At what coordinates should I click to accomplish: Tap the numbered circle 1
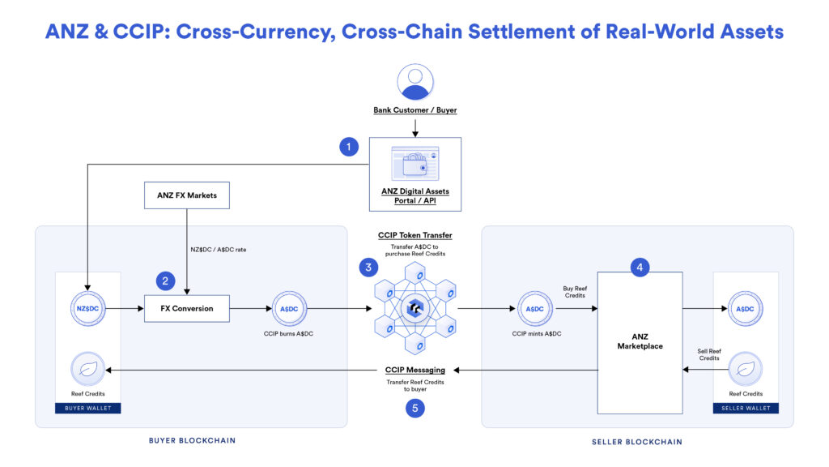tap(349, 147)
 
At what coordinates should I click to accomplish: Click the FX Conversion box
tap(187, 309)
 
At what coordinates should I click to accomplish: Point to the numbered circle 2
tap(166, 281)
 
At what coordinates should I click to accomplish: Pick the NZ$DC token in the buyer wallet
tap(87, 309)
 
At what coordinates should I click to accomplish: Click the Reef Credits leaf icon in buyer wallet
tap(87, 369)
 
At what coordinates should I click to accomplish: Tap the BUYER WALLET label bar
tap(87, 408)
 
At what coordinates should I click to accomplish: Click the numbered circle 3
tap(368, 267)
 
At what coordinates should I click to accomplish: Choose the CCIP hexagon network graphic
tap(414, 309)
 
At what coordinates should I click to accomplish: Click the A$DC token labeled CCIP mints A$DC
tap(534, 309)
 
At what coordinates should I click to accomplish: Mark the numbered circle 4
tap(639, 267)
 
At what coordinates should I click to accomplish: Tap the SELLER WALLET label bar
tap(746, 408)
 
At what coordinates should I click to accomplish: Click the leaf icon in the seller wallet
tap(746, 371)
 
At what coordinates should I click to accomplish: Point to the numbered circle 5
tap(414, 408)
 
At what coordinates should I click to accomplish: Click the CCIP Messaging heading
tap(414, 370)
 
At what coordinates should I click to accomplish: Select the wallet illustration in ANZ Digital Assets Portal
tap(414, 163)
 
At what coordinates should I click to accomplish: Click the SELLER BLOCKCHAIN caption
tap(637, 442)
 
